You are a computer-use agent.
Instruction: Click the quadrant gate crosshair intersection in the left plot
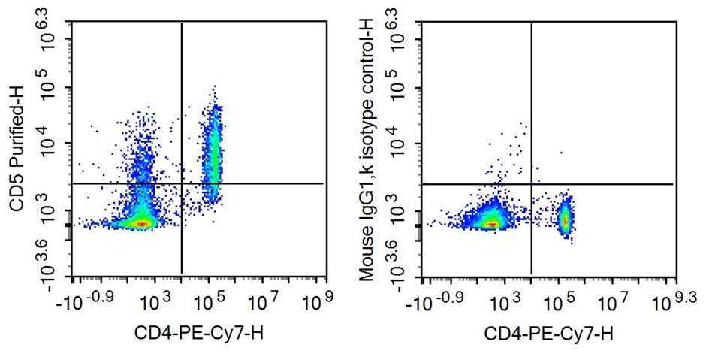pos(182,183)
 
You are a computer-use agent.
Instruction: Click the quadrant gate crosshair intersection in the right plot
pos(532,183)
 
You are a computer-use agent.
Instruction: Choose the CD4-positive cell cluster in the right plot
pos(566,219)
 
